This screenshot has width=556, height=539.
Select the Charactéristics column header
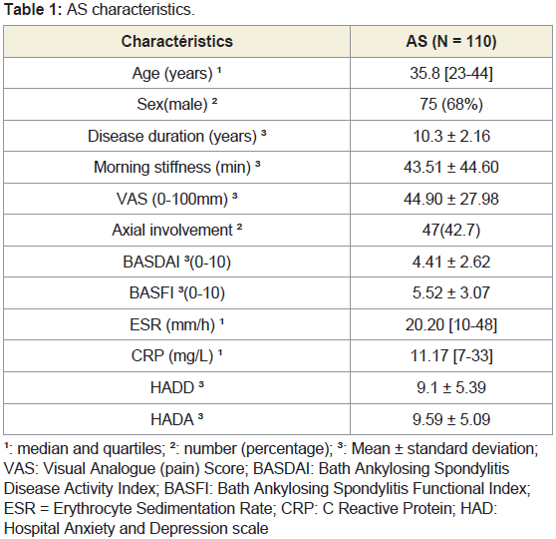coord(177,41)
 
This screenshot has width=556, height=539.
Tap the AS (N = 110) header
coord(451,41)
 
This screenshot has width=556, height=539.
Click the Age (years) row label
coord(176,74)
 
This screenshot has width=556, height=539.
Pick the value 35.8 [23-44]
coord(451,74)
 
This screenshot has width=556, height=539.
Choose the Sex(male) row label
coord(177,105)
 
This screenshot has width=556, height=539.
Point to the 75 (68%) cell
coord(451,105)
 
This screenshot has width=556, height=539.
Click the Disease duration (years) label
coord(177,136)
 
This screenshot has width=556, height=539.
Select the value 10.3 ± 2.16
coord(451,136)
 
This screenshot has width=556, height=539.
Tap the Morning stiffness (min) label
coord(177,167)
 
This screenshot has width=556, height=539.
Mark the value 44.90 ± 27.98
coord(451,199)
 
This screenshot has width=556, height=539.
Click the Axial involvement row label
coord(177,230)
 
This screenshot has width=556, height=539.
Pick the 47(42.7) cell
coord(451,231)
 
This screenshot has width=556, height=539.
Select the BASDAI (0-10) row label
coord(177,262)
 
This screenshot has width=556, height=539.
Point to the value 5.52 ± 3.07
coord(451,293)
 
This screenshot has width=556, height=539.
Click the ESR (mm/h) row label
coord(177,324)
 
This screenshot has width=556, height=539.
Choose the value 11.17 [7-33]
coord(451,355)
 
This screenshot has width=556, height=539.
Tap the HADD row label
coord(177,387)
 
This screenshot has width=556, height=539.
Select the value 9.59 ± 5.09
coord(451,419)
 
